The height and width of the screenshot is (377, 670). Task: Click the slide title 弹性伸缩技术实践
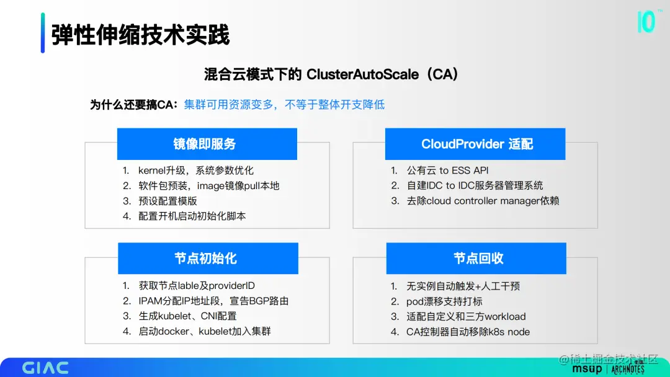coord(141,35)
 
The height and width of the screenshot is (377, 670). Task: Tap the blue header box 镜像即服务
coord(207,144)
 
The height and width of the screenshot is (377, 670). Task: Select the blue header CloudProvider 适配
coord(475,144)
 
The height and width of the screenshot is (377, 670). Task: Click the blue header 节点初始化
coord(208,259)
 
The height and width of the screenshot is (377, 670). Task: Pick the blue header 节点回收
coord(476,259)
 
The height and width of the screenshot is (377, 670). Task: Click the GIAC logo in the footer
coord(45,368)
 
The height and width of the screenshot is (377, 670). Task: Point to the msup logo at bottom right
coord(587,369)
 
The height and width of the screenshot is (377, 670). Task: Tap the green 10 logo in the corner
coord(646,22)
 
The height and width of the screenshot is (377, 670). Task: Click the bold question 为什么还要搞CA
coord(133,105)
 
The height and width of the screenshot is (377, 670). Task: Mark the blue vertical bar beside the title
coord(43,33)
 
